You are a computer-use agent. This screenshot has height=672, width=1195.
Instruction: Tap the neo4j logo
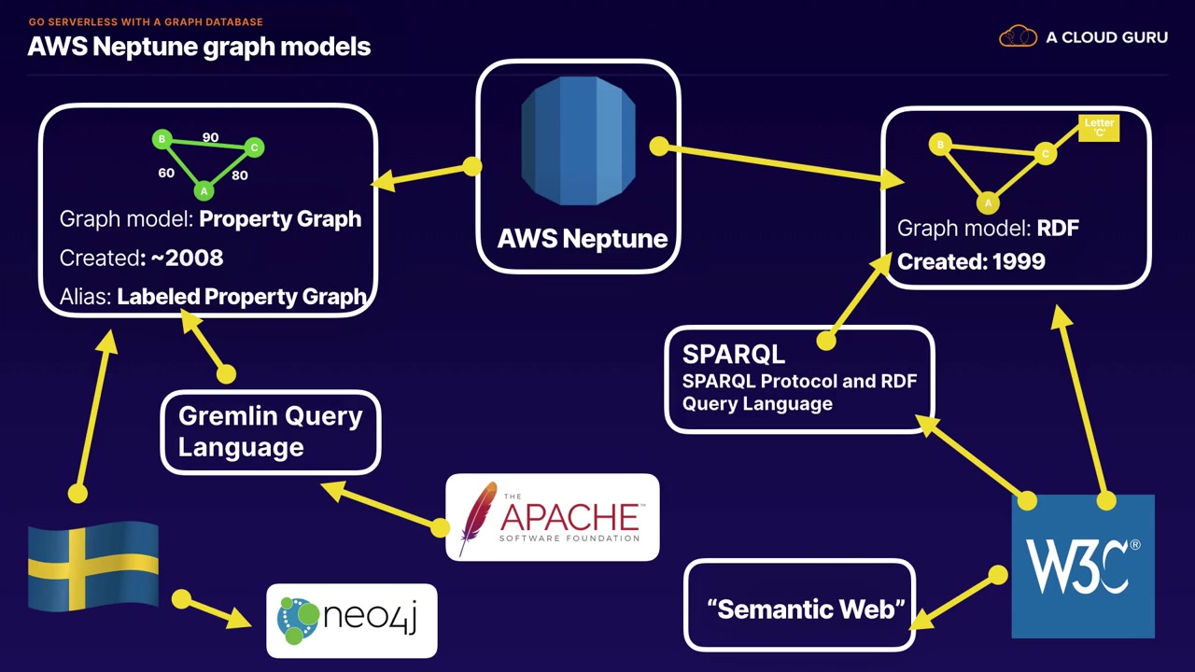[351, 620]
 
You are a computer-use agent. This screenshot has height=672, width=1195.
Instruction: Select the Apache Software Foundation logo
[552, 517]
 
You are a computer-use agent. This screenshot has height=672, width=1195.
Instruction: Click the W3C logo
[1083, 566]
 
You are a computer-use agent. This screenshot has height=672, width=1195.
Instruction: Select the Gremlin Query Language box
[271, 431]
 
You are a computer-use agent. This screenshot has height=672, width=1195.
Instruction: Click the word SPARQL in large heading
[734, 355]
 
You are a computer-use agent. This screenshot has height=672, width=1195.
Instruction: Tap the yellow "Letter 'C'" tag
[1098, 128]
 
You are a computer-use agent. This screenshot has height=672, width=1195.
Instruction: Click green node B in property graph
[162, 140]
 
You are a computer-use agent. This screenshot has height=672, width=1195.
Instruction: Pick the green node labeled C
[254, 147]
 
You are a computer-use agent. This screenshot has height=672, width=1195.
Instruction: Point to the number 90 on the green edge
[210, 137]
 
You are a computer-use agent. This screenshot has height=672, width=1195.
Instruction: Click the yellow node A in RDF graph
[988, 202]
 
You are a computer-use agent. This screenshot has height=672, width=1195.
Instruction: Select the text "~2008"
[184, 258]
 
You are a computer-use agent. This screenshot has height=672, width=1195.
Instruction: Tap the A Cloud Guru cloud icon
[1018, 37]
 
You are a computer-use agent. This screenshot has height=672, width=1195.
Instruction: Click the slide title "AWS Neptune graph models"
[199, 47]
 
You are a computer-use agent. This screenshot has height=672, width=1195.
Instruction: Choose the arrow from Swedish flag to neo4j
[218, 610]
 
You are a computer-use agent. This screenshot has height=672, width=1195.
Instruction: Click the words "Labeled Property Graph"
[241, 297]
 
